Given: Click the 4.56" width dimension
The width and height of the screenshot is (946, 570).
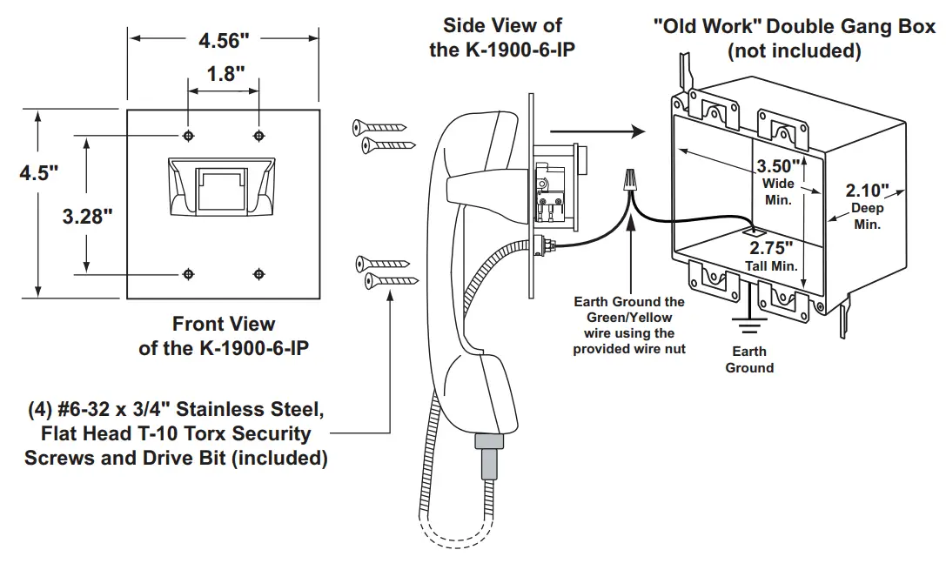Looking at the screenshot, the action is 224,40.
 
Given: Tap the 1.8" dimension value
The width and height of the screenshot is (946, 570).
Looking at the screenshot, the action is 225,74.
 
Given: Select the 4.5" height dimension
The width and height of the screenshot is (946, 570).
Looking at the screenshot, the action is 38,172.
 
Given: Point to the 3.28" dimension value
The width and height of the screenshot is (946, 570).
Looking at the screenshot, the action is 88,216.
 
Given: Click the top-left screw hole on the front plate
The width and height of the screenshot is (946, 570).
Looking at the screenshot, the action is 188,135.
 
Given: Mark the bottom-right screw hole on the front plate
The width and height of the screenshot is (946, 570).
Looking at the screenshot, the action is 258,274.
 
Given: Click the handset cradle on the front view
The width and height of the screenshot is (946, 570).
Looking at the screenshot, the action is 221,186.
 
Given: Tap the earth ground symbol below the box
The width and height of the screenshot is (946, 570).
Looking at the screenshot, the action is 749,324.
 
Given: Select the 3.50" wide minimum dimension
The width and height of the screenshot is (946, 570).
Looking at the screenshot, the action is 779,166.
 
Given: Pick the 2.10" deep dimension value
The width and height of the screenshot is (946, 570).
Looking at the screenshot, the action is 867,191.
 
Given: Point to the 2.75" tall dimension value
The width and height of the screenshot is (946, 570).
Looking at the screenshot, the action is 771,248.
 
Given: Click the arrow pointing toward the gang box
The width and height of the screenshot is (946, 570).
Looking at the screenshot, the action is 597,131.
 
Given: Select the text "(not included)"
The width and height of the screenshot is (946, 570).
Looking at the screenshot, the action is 794,50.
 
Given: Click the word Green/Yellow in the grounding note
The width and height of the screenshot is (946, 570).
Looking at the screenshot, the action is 629,318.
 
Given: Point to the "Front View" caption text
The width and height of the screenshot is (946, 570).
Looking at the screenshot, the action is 224,324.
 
